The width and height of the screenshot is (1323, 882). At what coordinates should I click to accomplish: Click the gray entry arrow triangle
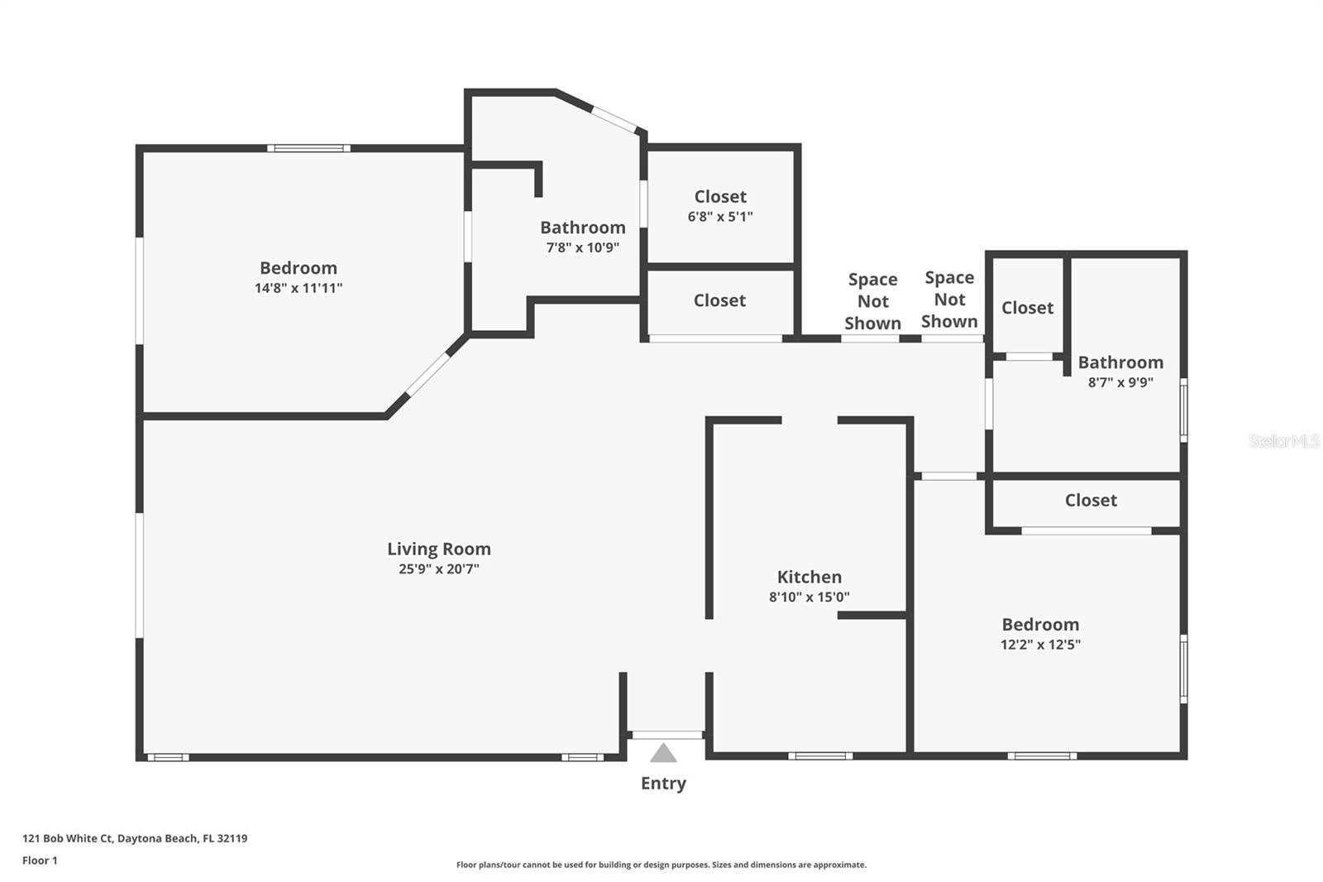663,753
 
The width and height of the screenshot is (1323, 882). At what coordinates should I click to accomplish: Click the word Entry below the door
663,784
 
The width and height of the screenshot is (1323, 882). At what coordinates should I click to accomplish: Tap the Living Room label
439,549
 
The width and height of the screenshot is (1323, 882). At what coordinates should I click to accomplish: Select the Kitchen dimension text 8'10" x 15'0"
810,597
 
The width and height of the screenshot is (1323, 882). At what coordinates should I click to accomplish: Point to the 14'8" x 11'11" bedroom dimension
299,288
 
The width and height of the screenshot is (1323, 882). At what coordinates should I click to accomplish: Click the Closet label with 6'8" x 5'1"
720,196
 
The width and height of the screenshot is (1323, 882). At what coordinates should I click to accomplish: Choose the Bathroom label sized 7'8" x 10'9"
583,227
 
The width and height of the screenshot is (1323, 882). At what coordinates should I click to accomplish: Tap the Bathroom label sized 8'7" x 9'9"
1120,362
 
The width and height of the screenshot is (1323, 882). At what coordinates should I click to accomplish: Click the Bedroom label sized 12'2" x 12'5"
1041,624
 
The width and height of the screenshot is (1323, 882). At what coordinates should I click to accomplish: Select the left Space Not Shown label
873,301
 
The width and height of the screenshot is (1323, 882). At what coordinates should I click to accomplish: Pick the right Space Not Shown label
949,300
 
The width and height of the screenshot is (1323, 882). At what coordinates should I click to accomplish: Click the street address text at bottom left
135,838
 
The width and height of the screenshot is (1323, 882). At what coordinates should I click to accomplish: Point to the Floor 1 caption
40,860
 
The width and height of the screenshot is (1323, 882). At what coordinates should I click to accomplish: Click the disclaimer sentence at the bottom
661,865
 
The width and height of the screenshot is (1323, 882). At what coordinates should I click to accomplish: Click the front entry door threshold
667,735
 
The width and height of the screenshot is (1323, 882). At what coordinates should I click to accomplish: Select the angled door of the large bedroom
427,374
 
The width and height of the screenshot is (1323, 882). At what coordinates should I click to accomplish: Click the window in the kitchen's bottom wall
820,755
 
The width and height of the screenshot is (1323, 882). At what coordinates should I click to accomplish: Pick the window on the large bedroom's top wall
308,148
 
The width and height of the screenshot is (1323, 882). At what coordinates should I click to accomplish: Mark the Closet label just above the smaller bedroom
1091,500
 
